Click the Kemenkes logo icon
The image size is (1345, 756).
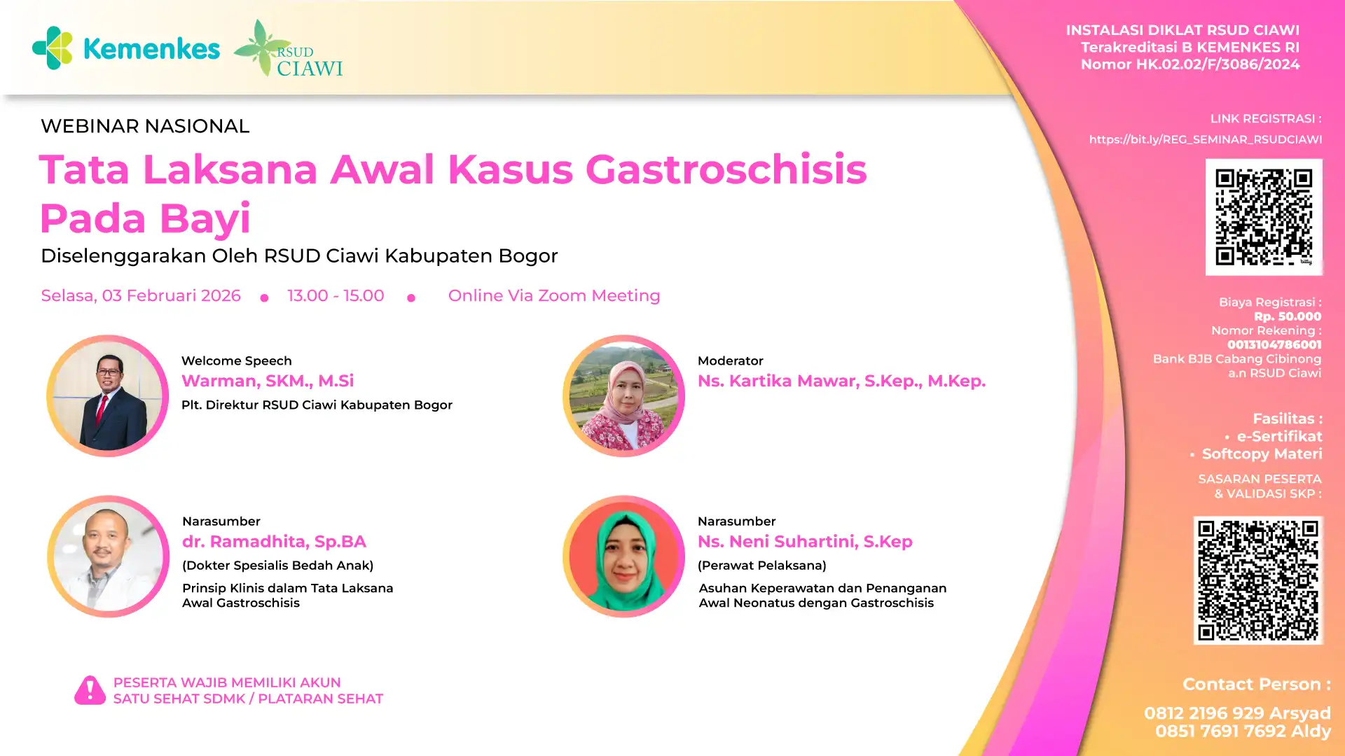point(53,48)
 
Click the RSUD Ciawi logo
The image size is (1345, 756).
point(288,48)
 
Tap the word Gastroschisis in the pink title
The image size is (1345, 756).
point(726,169)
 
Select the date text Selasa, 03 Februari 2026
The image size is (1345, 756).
point(141,295)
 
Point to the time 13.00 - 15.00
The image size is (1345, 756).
point(336,295)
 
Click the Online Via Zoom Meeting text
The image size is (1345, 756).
point(554,295)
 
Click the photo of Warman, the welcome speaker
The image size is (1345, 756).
point(107,396)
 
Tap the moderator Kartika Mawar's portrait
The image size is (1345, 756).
point(623,396)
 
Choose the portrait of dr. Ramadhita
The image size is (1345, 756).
point(108,556)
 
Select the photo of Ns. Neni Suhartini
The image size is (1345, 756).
point(623,556)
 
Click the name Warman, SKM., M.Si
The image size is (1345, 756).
point(268,381)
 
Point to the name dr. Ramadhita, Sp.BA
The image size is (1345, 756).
point(274,542)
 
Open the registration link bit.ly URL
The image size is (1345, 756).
point(1206,139)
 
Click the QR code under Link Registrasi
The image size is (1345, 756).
point(1264,217)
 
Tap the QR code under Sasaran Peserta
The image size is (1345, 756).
point(1258,580)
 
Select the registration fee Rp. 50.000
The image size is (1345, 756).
point(1288,316)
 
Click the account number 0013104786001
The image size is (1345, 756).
point(1274,344)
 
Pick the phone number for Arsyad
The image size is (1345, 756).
point(1203,713)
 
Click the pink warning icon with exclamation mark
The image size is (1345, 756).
point(90,690)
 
